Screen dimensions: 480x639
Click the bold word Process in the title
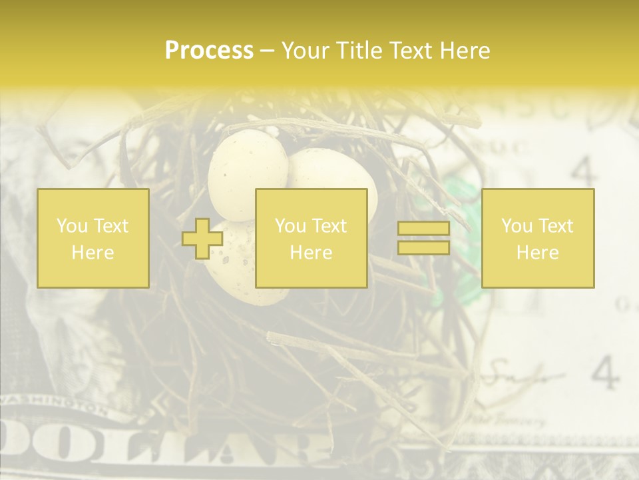click(209, 51)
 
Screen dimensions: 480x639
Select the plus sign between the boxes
click(202, 239)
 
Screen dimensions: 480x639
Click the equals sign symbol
click(423, 239)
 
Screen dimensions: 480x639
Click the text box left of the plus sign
click(93, 239)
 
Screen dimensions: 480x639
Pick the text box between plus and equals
click(312, 239)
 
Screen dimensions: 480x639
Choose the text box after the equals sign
click(538, 239)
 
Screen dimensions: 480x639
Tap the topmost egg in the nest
click(246, 170)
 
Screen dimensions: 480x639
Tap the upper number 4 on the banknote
click(584, 172)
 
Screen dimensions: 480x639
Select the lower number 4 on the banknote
click(604, 373)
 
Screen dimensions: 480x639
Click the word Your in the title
click(306, 51)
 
